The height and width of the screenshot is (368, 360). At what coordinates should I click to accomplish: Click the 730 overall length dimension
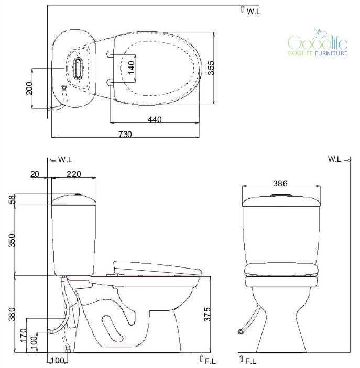tap(125, 134)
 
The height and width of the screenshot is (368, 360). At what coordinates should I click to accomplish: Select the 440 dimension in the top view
tap(155, 120)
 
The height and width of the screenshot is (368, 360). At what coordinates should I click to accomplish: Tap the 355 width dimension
tap(211, 68)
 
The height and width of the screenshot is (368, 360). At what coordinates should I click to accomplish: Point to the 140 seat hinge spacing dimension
tap(132, 68)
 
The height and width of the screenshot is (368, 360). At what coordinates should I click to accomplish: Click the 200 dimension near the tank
tap(29, 88)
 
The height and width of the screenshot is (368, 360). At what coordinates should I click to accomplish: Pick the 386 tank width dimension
tap(280, 183)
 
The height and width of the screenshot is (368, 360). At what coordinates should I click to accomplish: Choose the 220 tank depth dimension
tap(74, 174)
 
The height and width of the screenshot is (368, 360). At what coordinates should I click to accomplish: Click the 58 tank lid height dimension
tap(12, 199)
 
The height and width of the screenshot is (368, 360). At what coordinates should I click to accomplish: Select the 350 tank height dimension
tap(12, 240)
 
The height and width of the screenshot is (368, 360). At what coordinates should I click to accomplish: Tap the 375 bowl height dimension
tap(208, 315)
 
